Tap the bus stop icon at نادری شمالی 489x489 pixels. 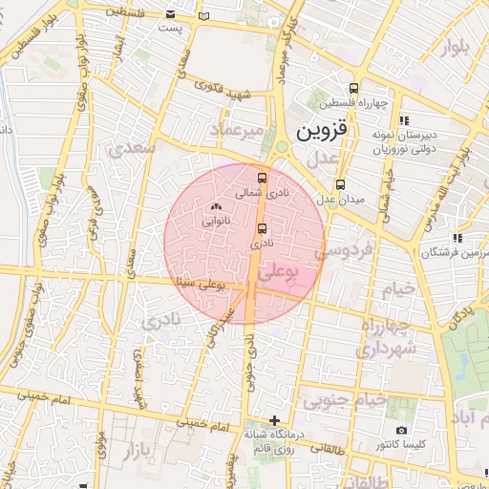(x=262, y=177)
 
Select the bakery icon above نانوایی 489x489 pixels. (x=214, y=205)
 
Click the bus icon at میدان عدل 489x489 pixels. (x=340, y=184)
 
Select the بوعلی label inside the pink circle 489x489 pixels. (x=279, y=271)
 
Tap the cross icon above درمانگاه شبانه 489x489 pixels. (x=274, y=420)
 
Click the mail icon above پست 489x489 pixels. (x=170, y=15)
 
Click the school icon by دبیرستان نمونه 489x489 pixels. (x=404, y=120)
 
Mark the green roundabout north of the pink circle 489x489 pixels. (x=283, y=147)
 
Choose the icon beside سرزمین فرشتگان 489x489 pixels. (x=458, y=237)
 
